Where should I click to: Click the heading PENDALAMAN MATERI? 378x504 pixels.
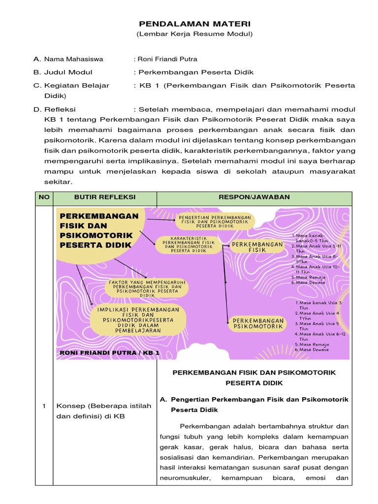click(194, 24)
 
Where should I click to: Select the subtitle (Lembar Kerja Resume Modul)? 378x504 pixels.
click(194, 34)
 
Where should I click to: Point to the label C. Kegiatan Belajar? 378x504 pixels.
click(71, 86)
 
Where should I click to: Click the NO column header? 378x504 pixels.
click(44, 197)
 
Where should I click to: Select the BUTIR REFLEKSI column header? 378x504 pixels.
click(104, 197)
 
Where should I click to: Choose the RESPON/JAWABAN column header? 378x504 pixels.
click(254, 197)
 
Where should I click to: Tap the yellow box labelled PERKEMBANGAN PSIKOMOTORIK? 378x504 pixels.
click(258, 323)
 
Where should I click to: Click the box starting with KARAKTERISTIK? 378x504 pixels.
click(189, 244)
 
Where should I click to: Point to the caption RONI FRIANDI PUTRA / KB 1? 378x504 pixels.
click(109, 353)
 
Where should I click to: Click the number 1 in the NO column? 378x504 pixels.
click(44, 406)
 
